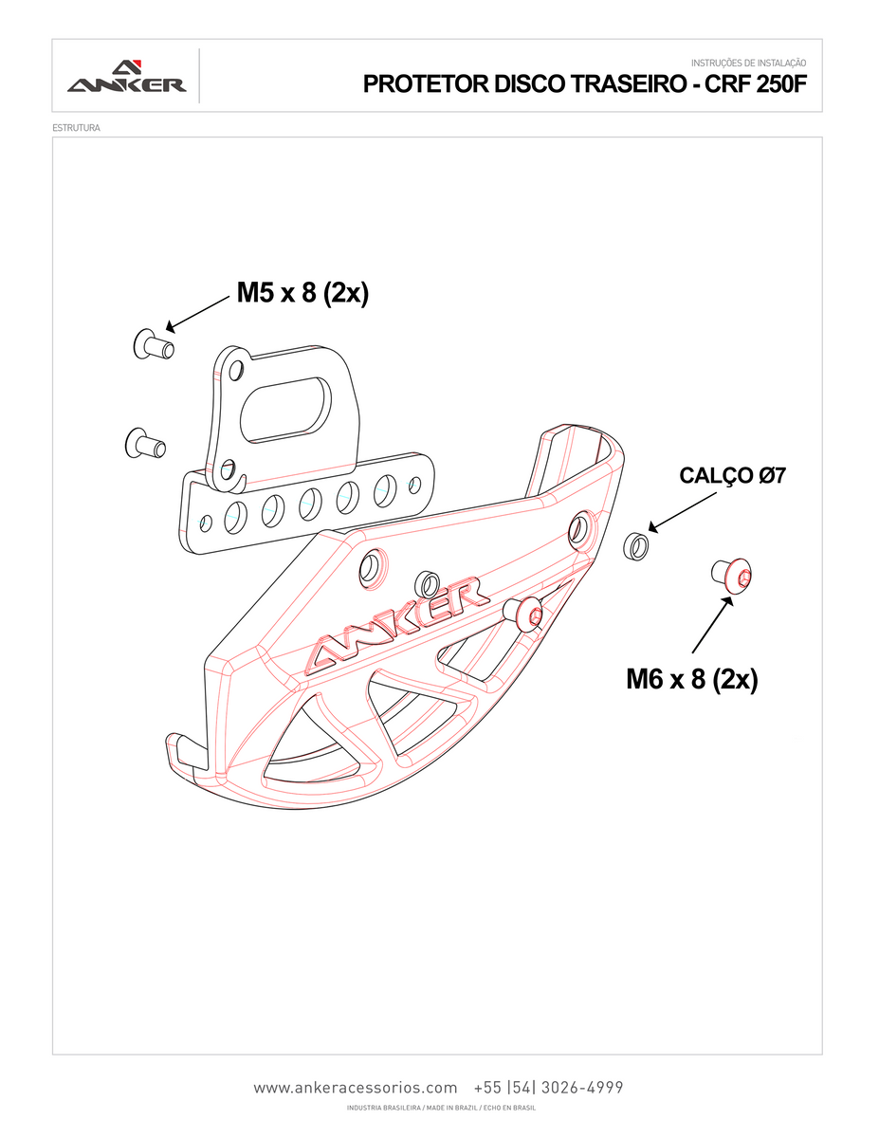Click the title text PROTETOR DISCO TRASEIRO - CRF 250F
[x=584, y=84]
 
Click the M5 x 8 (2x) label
[x=302, y=293]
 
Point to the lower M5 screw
[x=145, y=443]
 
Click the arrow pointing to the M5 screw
[x=198, y=314]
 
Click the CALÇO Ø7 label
[x=732, y=476]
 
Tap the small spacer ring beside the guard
[x=635, y=546]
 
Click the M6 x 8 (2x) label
[x=691, y=679]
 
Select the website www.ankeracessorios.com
[x=356, y=1088]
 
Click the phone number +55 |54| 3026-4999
[x=547, y=1088]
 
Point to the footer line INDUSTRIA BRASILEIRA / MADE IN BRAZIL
[x=441, y=1108]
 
